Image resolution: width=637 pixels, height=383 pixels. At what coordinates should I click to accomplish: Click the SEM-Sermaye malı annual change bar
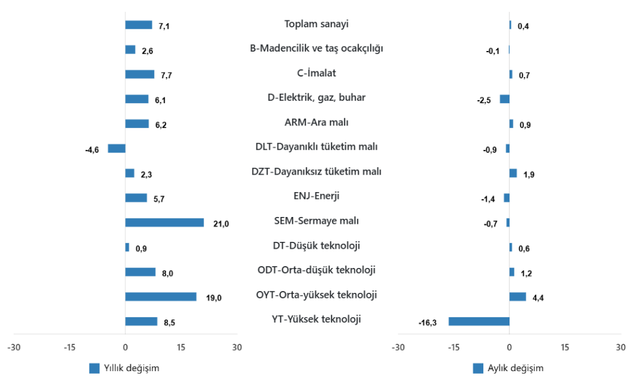164,223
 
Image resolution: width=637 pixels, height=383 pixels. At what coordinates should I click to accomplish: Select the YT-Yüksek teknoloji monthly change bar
479,321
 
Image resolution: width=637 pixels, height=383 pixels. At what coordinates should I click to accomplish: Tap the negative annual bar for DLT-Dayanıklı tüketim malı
116,149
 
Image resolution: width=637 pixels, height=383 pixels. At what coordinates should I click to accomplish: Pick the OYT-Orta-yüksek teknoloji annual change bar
160,297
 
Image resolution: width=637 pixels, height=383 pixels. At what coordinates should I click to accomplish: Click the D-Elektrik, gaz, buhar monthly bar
504,99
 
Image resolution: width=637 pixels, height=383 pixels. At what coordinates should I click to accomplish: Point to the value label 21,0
221,224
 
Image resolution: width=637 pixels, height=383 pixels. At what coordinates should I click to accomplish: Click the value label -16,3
428,323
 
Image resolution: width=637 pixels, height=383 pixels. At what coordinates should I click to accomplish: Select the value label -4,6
92,150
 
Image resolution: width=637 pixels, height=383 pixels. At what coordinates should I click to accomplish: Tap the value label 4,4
537,298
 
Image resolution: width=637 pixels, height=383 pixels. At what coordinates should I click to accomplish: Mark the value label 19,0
213,298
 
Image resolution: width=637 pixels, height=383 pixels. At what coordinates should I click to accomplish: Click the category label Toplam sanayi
316,24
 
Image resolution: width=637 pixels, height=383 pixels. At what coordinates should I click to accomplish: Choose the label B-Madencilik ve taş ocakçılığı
316,48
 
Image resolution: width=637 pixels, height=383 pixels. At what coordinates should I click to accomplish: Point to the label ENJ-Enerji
316,196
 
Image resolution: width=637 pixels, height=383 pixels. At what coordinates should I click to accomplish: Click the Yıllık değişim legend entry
124,368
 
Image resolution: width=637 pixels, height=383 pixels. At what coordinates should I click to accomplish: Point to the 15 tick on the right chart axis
565,347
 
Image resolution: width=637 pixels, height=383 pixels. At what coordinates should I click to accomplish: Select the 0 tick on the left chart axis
125,347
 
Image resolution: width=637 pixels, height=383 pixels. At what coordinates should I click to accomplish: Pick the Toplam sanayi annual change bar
139,25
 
